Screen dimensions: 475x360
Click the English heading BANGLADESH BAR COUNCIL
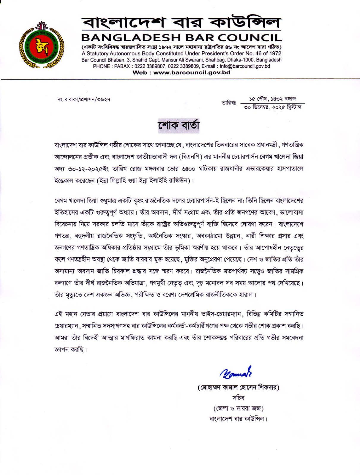coord(181,37)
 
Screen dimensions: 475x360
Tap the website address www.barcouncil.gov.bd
coord(192,72)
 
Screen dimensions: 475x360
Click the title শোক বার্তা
coord(179,125)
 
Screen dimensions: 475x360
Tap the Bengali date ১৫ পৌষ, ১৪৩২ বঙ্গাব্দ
coord(273,99)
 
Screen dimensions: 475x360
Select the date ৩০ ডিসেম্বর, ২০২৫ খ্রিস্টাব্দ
coord(273,107)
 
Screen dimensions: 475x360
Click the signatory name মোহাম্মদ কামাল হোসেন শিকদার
coord(239,387)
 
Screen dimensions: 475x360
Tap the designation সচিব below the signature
coord(238,398)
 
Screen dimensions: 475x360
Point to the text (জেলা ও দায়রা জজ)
coord(238,408)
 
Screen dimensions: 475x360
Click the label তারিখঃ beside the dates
coord(229,103)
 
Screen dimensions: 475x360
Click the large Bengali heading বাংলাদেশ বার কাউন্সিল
coord(181,23)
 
